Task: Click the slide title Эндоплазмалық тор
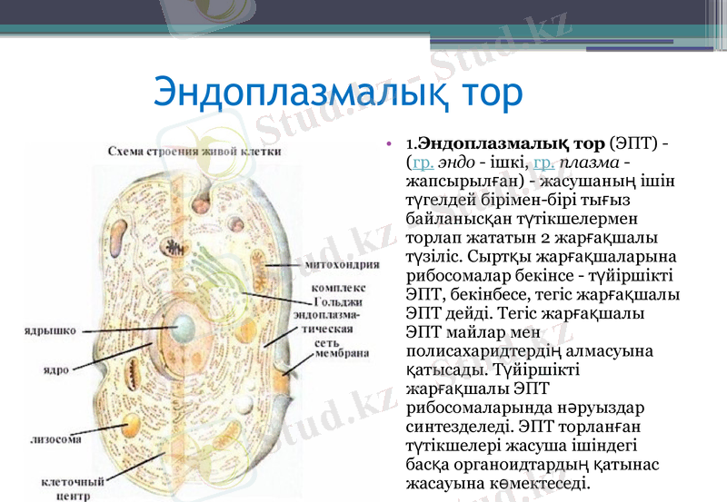point(338,94)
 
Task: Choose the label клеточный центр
point(68,489)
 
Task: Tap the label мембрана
point(341,354)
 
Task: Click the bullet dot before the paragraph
point(390,144)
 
